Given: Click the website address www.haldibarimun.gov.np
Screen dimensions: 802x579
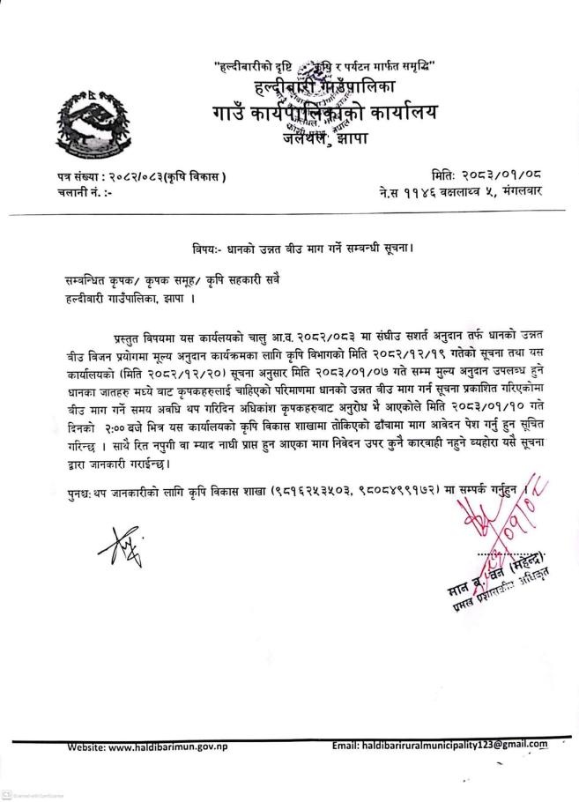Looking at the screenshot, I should (x=186, y=748).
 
